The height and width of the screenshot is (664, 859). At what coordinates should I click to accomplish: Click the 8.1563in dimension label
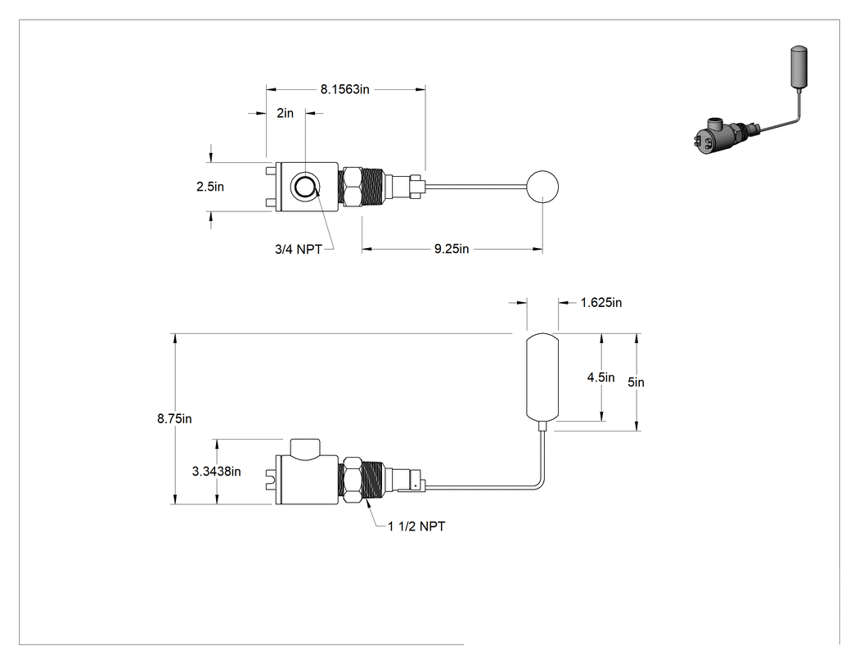click(x=345, y=89)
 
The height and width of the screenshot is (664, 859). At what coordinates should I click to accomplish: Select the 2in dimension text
click(x=285, y=113)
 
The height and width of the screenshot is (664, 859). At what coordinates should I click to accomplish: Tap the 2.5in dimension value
click(x=210, y=187)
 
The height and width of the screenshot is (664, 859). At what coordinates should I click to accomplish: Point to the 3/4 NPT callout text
click(x=299, y=250)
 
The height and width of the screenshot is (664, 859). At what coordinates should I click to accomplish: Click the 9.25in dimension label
click(x=452, y=249)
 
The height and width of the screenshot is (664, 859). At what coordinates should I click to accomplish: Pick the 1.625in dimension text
click(x=601, y=303)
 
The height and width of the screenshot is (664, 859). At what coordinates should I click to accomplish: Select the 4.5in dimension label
click(x=601, y=377)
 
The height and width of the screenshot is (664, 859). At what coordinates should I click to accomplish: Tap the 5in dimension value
click(x=636, y=382)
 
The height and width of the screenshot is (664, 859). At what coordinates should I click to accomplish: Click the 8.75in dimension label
click(x=175, y=419)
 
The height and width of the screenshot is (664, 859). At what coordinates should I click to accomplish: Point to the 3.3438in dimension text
click(x=217, y=472)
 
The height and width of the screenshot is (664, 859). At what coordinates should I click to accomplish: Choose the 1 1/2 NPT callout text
click(x=417, y=526)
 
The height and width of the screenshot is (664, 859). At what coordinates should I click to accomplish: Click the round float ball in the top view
click(x=542, y=187)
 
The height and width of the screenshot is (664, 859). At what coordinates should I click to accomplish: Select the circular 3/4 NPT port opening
click(x=304, y=187)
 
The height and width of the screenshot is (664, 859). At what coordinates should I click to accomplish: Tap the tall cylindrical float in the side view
click(x=542, y=377)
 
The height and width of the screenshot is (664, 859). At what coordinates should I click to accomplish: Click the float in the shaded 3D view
click(x=798, y=67)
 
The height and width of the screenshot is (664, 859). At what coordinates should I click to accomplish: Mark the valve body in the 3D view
click(x=713, y=136)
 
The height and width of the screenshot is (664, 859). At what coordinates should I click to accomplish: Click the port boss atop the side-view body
click(x=304, y=449)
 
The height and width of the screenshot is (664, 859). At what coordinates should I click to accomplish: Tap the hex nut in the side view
click(x=351, y=479)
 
